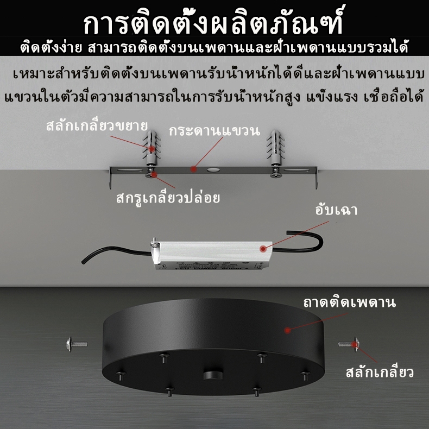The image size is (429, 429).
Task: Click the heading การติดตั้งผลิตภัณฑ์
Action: (x=213, y=21)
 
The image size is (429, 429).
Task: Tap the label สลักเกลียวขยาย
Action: (x=97, y=125)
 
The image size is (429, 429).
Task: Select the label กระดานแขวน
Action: (x=214, y=131)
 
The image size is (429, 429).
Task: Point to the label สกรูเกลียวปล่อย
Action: (x=168, y=198)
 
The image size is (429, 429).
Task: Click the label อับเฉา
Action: (x=336, y=210)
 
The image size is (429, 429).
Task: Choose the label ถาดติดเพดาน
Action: (x=349, y=303)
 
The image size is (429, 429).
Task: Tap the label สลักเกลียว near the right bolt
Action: (x=380, y=373)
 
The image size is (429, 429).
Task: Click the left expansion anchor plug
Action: (x=152, y=148)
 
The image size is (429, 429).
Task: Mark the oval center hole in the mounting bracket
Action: (x=213, y=170)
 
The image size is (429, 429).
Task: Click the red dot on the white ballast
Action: (x=263, y=249)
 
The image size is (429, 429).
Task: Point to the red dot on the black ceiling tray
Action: (x=287, y=330)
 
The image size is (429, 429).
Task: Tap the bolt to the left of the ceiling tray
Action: (x=77, y=344)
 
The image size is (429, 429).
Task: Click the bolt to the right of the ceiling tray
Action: (x=349, y=344)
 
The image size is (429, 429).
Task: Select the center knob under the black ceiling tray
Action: (x=213, y=375)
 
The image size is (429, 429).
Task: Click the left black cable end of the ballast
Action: (x=83, y=262)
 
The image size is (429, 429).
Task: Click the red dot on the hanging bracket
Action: (x=194, y=169)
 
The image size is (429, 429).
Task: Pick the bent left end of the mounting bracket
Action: (x=111, y=178)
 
